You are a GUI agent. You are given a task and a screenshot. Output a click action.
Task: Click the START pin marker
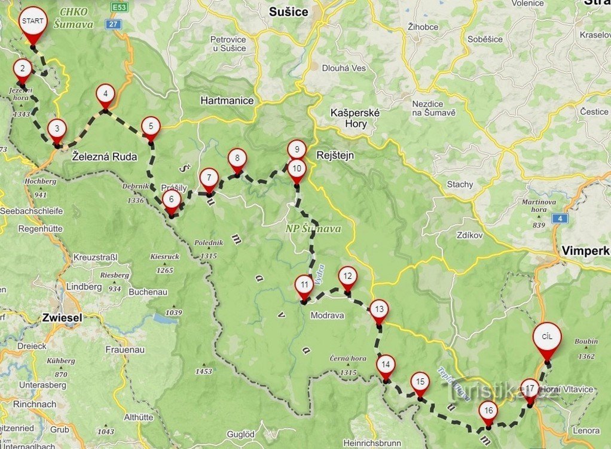tap(32, 22)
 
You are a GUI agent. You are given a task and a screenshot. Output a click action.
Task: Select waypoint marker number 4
tap(105, 95)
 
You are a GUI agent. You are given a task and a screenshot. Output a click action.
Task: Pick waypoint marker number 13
tap(378, 310)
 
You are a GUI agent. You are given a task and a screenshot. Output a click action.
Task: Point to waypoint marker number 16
tap(488, 411)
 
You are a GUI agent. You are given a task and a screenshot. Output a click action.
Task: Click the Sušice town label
tap(289, 12)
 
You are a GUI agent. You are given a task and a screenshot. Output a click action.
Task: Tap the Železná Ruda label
tap(105, 157)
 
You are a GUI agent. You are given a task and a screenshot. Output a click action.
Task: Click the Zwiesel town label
tap(62, 318)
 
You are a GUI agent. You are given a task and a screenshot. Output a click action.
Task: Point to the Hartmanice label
tap(227, 101)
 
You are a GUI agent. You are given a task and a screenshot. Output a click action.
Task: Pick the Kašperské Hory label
tap(355, 118)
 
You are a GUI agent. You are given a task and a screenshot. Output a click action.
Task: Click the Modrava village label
tap(328, 315)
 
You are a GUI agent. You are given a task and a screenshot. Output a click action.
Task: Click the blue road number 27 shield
tap(113, 24)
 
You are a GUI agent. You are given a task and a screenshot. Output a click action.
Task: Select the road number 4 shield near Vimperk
tap(559, 218)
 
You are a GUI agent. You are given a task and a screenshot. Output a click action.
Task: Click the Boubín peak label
tap(586, 341)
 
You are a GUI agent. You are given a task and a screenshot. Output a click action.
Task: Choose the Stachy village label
tap(460, 184)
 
